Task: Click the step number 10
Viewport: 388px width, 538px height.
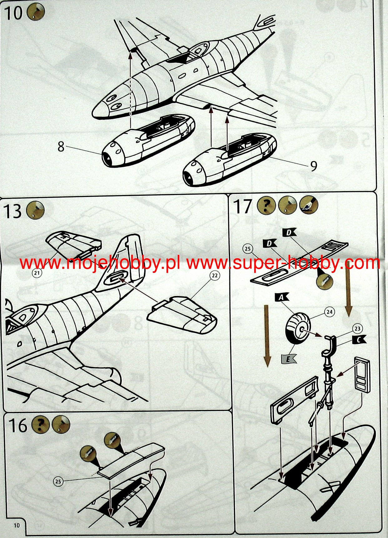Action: pos(14,13)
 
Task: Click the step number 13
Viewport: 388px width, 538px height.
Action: pos(12,211)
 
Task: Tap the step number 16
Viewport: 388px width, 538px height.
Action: pos(18,425)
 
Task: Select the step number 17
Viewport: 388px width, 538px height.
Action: pos(243,206)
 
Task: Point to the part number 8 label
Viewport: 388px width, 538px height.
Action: pos(61,146)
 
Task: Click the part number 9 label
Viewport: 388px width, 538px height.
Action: pos(314,166)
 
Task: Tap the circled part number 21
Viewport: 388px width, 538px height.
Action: pos(37,273)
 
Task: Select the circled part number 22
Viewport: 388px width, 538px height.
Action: pos(214,275)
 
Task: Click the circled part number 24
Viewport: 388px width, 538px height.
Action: pos(329,312)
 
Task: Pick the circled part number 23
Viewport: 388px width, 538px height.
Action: pos(357,328)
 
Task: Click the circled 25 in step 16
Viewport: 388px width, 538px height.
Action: pos(58,481)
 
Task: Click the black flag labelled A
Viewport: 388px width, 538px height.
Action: pos(282,297)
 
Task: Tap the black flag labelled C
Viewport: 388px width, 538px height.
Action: pos(359,340)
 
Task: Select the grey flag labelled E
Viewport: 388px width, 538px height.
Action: pos(288,359)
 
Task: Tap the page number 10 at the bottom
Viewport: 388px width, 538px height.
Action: pos(17,526)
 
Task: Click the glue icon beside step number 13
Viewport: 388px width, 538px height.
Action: pos(36,210)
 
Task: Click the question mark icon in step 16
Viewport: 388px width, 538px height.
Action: pos(41,425)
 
